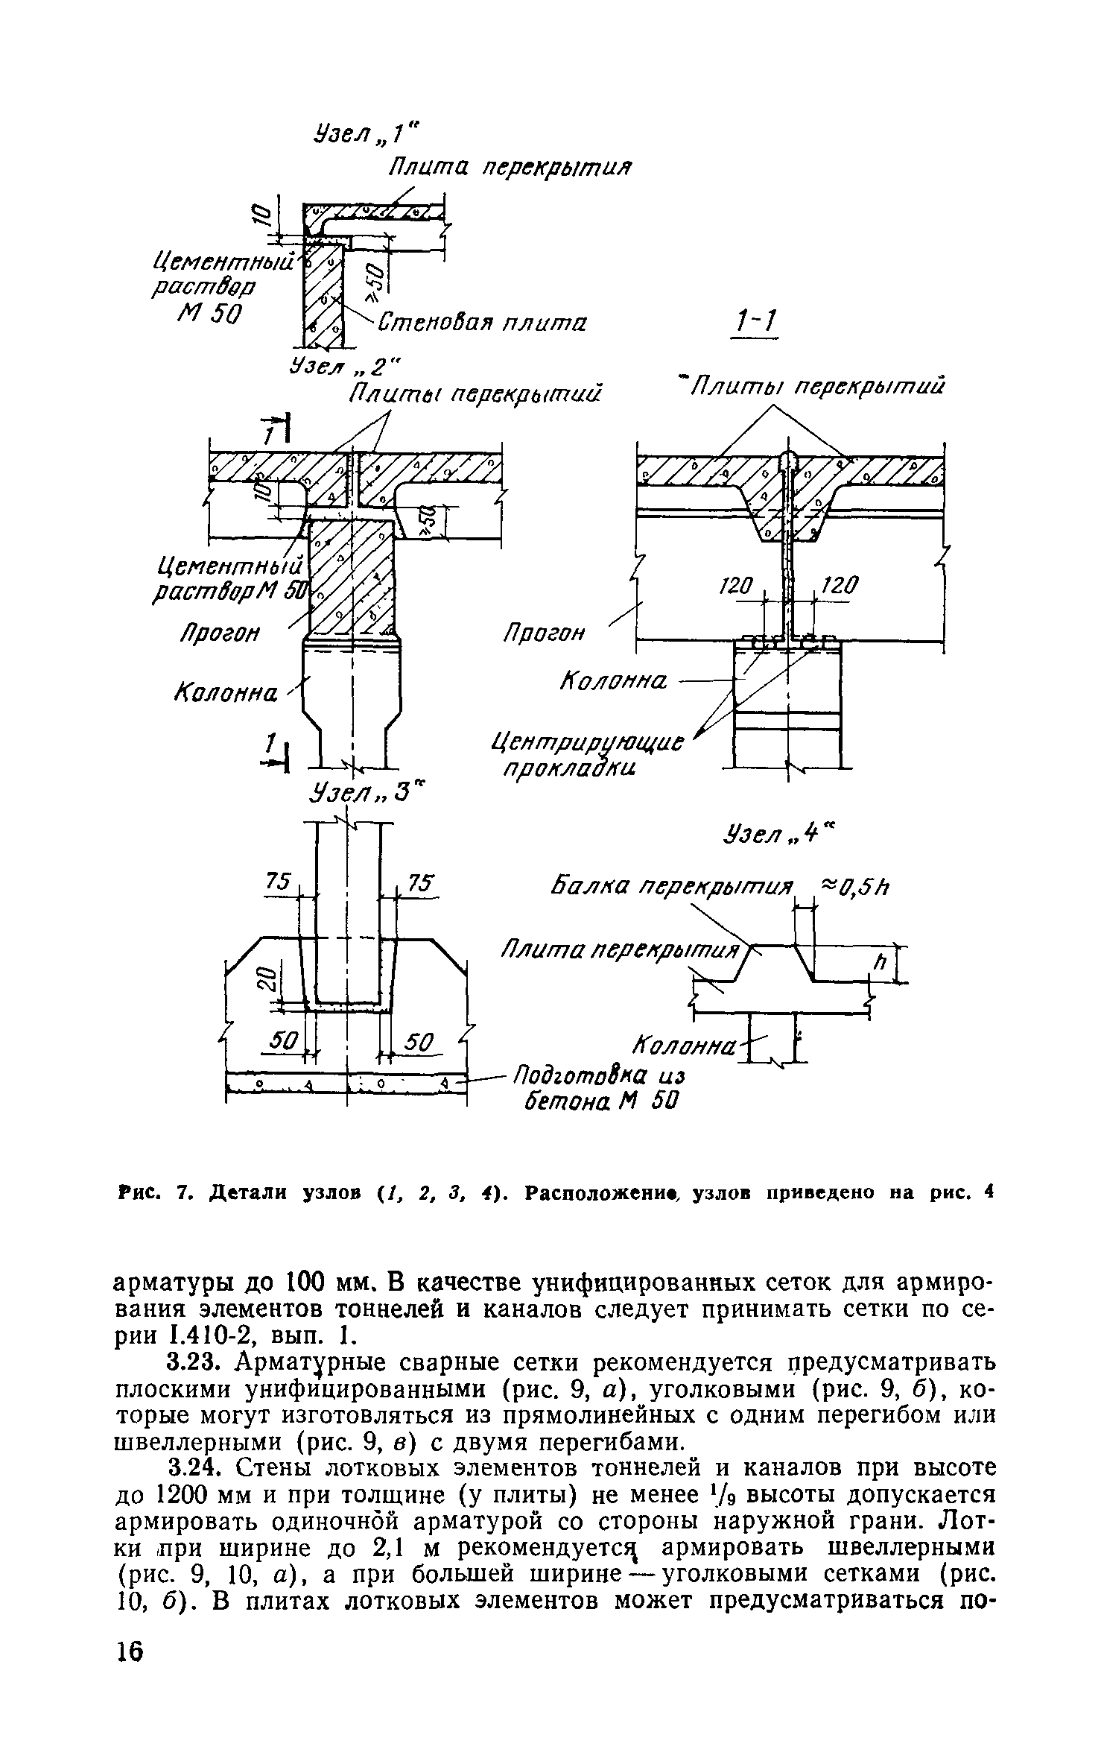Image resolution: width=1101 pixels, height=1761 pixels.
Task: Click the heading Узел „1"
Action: (x=366, y=133)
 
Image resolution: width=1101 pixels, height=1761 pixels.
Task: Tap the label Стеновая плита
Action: (x=482, y=323)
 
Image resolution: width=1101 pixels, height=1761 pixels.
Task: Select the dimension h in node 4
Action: (x=880, y=964)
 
